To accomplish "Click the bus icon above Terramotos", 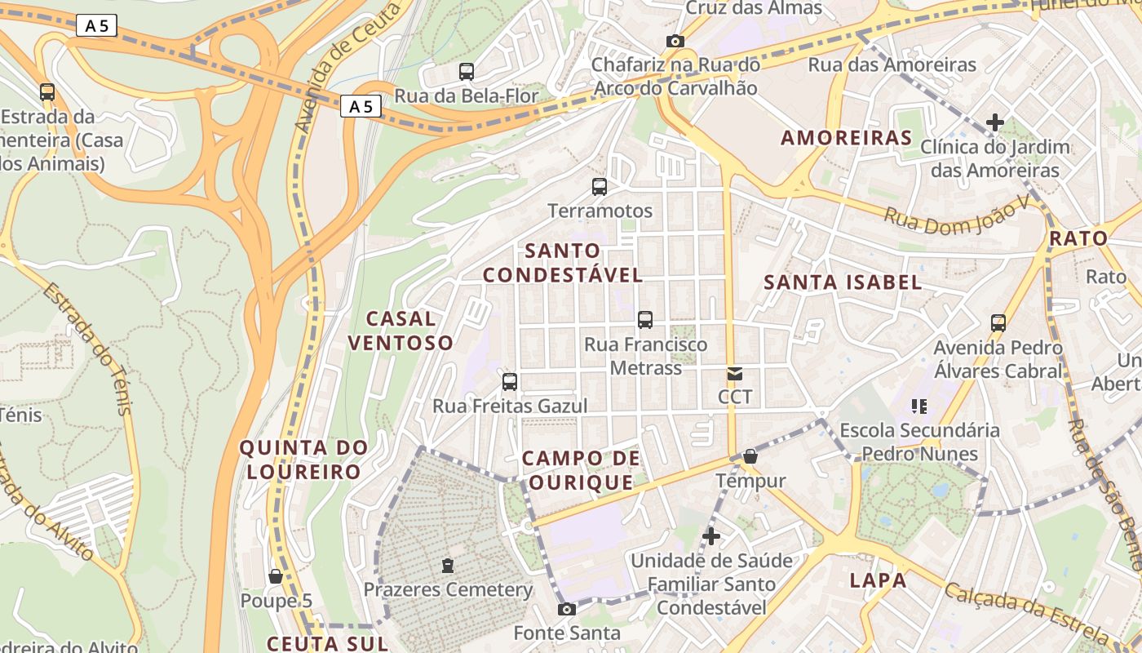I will (x=600, y=187).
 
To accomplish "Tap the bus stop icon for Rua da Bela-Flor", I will (x=467, y=72).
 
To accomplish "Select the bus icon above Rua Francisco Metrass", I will (x=645, y=320).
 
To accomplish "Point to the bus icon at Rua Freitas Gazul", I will (x=510, y=381).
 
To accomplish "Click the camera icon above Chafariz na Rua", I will (x=675, y=41).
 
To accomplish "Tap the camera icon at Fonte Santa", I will (x=566, y=609).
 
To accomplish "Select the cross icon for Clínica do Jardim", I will (x=995, y=122).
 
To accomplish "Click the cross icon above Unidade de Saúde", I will (x=711, y=536).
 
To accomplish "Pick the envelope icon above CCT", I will (x=735, y=374).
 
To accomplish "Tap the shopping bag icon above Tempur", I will (x=750, y=456).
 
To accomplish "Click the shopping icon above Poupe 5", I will (x=276, y=576).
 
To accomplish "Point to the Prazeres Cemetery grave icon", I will (x=447, y=565).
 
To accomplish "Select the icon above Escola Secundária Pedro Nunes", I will (x=919, y=406).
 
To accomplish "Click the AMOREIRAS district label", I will (x=846, y=138).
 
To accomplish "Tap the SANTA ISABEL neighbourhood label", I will (x=843, y=283).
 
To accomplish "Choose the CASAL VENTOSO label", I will (x=401, y=331).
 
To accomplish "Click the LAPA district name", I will (x=878, y=581).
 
